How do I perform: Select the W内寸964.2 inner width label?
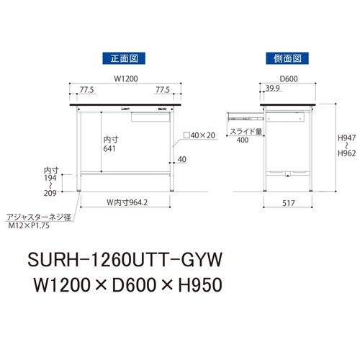pyautogui.click(x=123, y=202)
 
